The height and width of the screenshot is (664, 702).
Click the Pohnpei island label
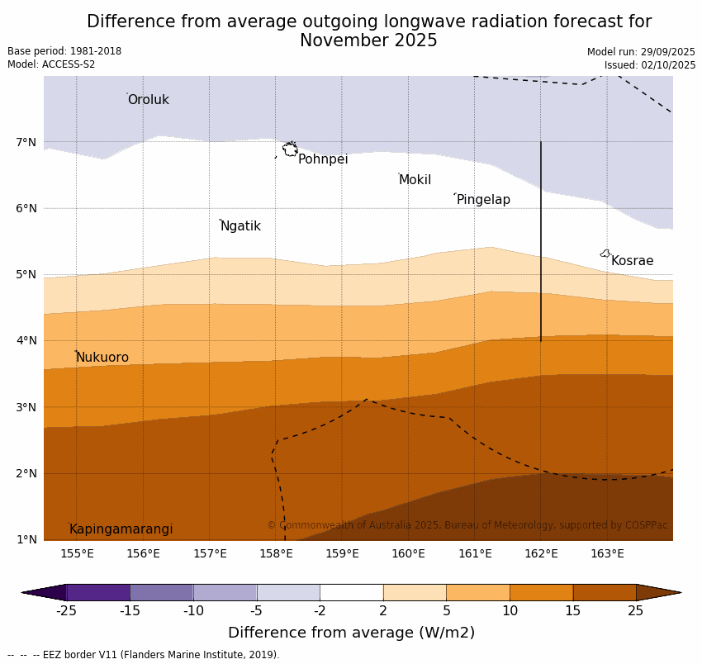click(x=323, y=159)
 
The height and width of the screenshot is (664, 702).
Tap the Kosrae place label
click(x=632, y=261)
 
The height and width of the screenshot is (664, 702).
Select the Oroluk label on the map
click(x=148, y=100)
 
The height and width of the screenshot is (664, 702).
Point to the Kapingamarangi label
click(x=121, y=529)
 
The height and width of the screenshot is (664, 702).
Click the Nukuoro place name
click(x=102, y=358)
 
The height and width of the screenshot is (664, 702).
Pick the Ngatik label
click(x=240, y=226)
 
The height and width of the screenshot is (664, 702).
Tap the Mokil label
click(x=415, y=180)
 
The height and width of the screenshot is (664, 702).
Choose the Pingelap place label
click(x=483, y=200)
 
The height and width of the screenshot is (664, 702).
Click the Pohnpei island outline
click(x=290, y=149)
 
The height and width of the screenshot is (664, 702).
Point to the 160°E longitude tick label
click(x=408, y=554)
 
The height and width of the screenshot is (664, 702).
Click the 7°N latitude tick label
click(x=26, y=142)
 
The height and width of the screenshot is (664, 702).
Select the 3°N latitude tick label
click(x=26, y=407)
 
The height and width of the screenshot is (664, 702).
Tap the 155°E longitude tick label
click(x=77, y=554)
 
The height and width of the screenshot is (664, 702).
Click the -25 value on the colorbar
click(x=66, y=611)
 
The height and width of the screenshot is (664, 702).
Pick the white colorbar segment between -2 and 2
click(x=351, y=592)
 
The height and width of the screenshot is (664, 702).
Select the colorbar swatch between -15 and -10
click(x=161, y=592)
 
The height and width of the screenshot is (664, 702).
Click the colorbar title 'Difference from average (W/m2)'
click(x=351, y=633)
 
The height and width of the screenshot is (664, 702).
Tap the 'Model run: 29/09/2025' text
click(x=641, y=52)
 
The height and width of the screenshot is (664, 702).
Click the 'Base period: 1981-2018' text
click(x=64, y=51)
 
